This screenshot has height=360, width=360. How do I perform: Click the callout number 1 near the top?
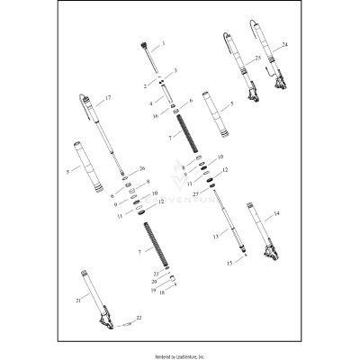164,44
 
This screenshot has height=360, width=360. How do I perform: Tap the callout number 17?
108,97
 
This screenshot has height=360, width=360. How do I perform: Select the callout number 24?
284,44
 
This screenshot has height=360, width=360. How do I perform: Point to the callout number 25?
257,58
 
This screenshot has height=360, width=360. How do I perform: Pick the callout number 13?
213,236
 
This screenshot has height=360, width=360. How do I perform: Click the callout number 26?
141,168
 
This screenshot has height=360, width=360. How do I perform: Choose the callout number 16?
156,116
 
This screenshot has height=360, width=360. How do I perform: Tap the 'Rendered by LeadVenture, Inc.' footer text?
179,355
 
